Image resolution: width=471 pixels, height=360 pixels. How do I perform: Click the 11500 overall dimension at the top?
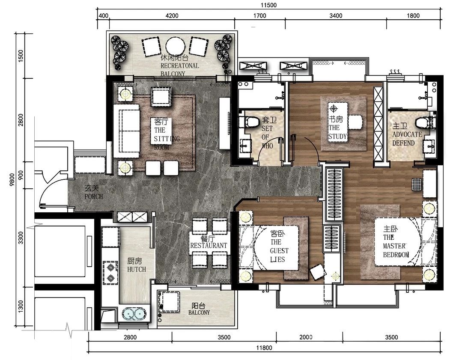(268, 5)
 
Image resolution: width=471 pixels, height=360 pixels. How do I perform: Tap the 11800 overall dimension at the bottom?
(264, 348)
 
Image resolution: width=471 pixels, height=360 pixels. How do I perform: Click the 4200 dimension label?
(172, 15)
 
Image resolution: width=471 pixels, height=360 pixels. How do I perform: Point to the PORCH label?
(93, 196)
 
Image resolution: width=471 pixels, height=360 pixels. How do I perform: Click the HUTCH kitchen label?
(136, 269)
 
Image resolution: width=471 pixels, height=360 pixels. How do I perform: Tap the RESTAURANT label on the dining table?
(209, 246)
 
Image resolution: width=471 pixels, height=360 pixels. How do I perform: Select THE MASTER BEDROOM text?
(396, 246)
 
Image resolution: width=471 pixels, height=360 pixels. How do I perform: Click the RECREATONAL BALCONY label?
(180, 70)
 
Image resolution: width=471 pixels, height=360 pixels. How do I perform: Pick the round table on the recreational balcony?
(176, 46)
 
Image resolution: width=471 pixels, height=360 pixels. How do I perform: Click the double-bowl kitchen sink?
(134, 314)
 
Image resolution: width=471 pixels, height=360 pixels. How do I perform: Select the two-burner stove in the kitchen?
(110, 273)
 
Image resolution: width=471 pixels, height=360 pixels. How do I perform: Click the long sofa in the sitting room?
(126, 131)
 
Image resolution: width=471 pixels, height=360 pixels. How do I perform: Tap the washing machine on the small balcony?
(168, 302)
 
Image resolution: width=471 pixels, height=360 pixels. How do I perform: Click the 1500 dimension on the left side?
(21, 56)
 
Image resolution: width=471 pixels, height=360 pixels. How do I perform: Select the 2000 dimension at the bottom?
(306, 337)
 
